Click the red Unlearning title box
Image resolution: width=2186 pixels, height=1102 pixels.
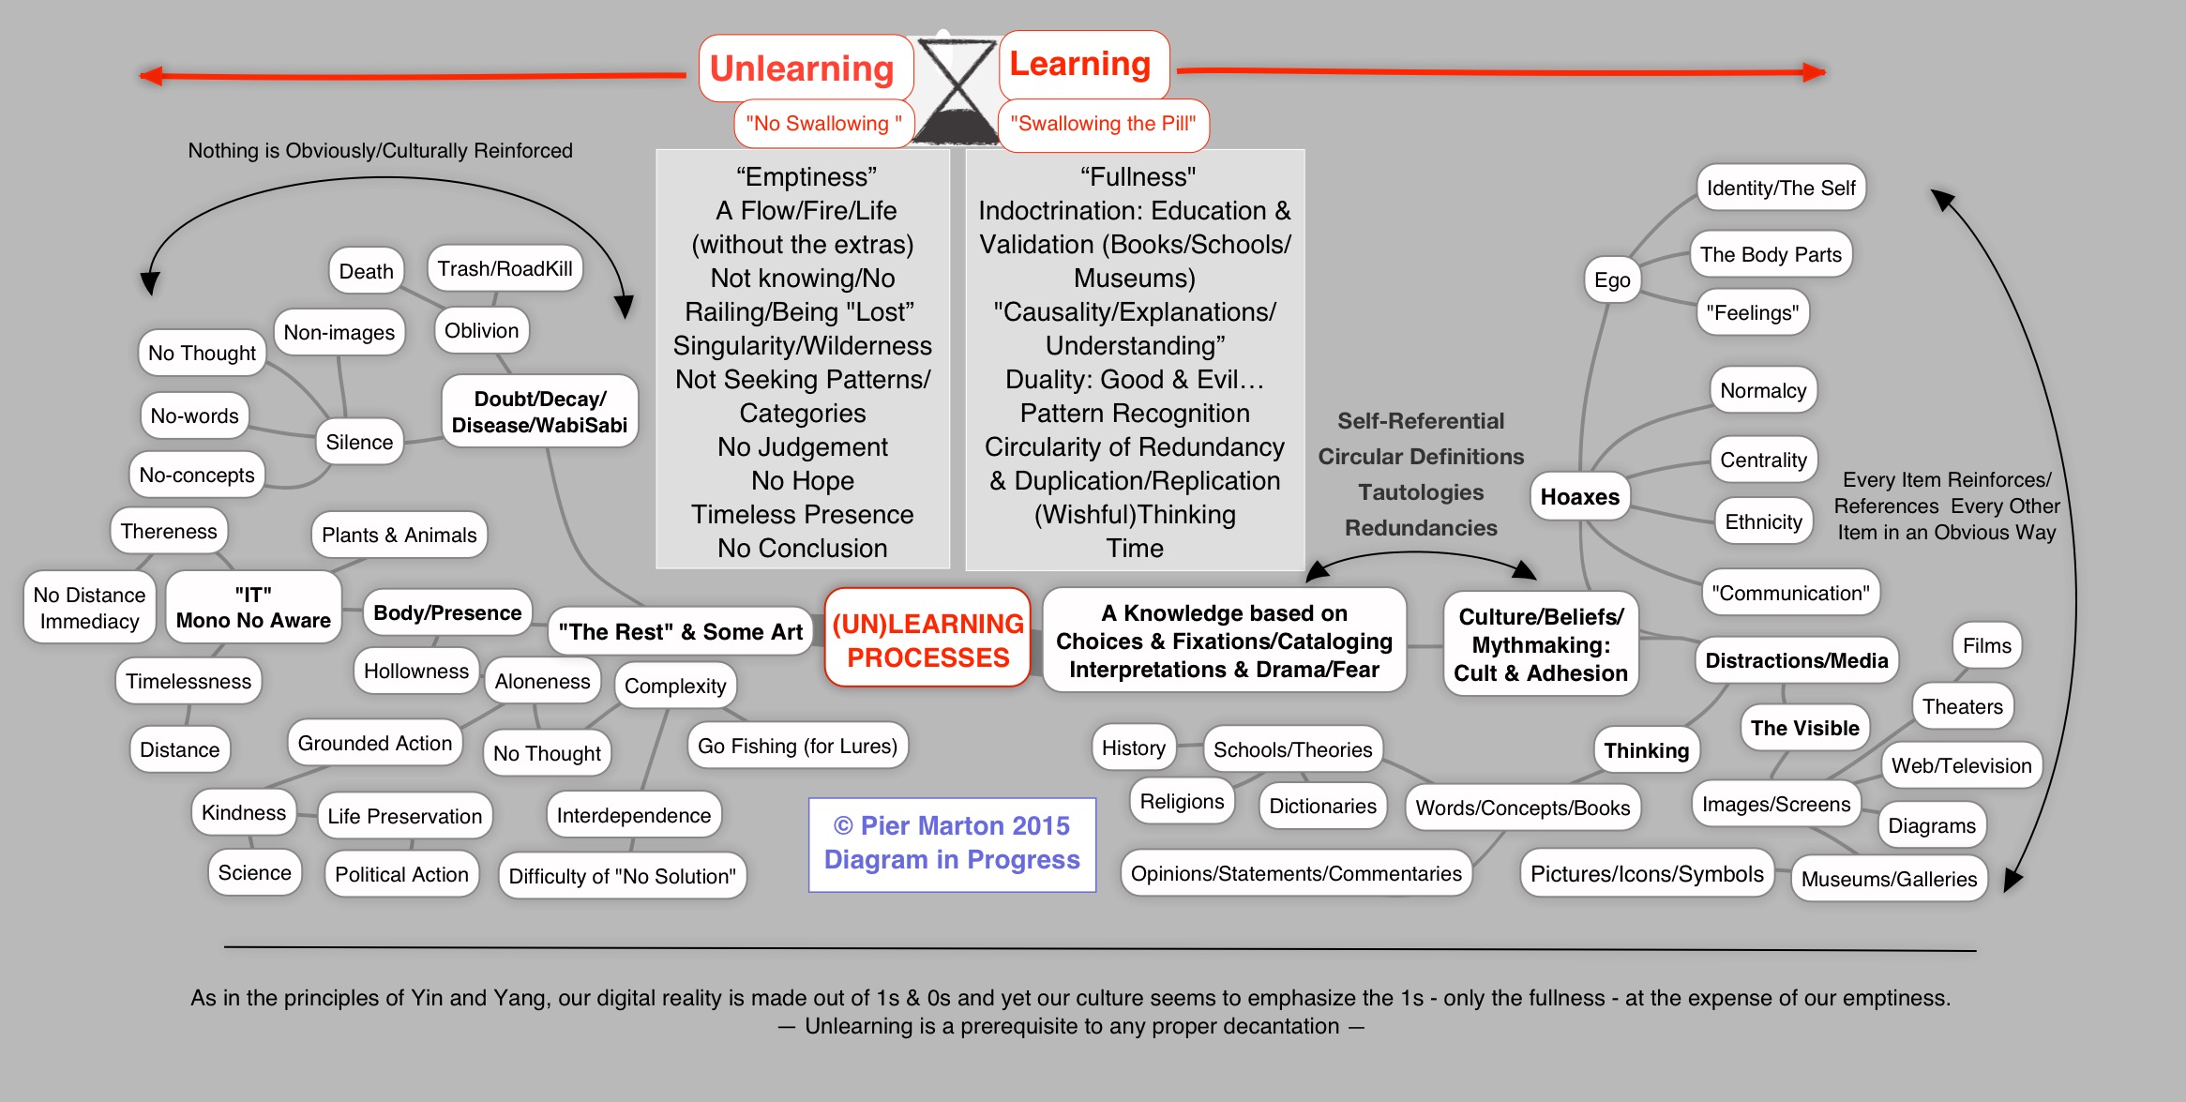pos(805,68)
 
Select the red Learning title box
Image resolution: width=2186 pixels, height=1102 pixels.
pos(1082,64)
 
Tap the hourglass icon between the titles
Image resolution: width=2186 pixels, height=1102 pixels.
pos(956,92)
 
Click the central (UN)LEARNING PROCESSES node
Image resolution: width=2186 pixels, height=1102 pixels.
pos(927,640)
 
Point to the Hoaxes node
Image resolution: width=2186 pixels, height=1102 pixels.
pos(1579,496)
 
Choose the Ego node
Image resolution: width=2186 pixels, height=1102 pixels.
pos(1612,279)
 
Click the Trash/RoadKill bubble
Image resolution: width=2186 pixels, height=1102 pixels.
pos(505,269)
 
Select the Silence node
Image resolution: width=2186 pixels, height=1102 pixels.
pos(359,442)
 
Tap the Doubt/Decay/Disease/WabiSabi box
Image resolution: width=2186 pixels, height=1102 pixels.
pos(539,412)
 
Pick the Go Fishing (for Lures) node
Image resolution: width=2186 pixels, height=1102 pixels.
pos(797,746)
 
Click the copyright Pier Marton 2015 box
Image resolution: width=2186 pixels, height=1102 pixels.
pos(952,843)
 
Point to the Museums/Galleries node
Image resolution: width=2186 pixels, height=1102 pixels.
pos(1889,879)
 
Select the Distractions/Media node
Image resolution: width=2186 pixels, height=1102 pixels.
pos(1796,660)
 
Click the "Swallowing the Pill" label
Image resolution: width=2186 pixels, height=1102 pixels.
pos(1103,124)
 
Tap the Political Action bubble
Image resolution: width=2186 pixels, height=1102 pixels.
pos(401,874)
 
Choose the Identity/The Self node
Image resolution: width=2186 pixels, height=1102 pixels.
pos(1780,188)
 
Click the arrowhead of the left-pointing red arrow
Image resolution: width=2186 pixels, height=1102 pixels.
pos(150,76)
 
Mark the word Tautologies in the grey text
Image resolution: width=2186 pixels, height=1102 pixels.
pos(1421,492)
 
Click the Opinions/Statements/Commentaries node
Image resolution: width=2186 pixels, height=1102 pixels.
pos(1295,873)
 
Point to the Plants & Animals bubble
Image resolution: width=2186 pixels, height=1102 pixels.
pos(399,535)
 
